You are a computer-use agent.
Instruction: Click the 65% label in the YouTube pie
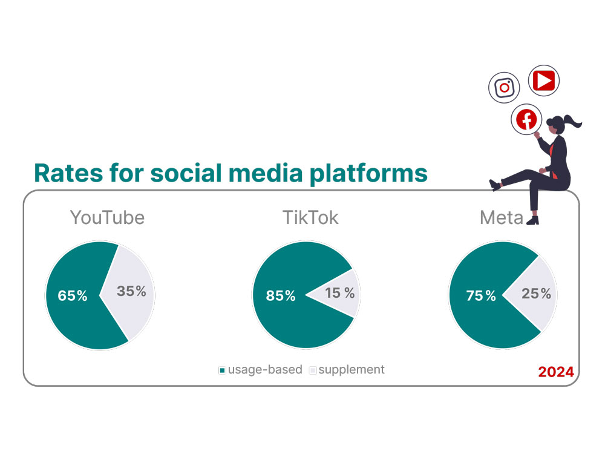[x=73, y=296]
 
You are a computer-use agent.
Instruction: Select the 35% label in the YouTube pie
[x=132, y=291]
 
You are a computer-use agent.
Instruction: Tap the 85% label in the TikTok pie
[x=281, y=296]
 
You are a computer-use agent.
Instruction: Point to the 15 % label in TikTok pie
[x=340, y=294]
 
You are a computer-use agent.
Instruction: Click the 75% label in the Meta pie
[x=481, y=296]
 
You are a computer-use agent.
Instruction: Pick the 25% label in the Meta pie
[x=537, y=294]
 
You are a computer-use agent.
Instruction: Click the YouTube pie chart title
[x=107, y=217]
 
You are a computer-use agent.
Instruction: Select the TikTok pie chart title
[x=310, y=217]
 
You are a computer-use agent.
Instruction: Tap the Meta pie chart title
[x=501, y=217]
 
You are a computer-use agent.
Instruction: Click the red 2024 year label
[x=555, y=372]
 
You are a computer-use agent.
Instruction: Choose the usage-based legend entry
[x=260, y=369]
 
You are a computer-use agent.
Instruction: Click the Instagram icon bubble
[x=505, y=87]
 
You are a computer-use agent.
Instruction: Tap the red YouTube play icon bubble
[x=544, y=80]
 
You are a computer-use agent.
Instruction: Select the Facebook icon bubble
[x=526, y=119]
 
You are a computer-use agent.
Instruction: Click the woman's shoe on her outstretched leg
[x=495, y=185]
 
